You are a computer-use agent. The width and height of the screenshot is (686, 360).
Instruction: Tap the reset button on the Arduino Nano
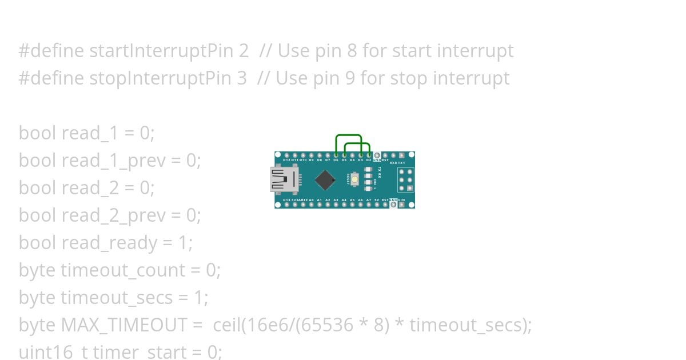point(355,179)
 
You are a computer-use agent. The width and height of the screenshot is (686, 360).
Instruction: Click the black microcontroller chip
point(325,179)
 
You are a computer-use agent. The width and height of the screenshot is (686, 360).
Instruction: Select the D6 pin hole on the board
point(336,155)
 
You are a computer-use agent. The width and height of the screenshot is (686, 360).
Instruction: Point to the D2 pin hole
point(369,155)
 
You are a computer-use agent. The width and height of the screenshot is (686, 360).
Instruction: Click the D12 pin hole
point(287,155)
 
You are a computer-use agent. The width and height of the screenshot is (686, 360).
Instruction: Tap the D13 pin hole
point(287,205)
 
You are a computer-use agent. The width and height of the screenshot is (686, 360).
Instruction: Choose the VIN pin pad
point(402,205)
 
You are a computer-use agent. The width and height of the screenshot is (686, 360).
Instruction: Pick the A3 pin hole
point(336,205)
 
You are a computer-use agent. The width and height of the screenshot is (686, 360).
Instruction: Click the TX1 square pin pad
point(402,155)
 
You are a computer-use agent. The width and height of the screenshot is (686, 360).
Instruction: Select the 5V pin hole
point(377,205)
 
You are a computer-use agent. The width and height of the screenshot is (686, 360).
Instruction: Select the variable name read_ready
point(109,243)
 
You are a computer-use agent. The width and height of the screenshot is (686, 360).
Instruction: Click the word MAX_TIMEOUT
point(123,325)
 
